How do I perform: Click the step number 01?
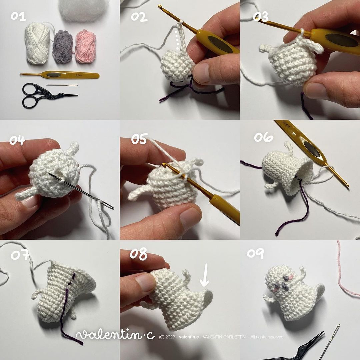pos(18,16)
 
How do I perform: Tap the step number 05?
pos(139,139)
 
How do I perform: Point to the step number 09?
pos(255,254)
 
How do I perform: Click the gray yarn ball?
pos(63,47)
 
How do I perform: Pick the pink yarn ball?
pos(86,46)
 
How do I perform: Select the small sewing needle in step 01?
pos(62,85)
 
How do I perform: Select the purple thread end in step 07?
pos(72,337)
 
